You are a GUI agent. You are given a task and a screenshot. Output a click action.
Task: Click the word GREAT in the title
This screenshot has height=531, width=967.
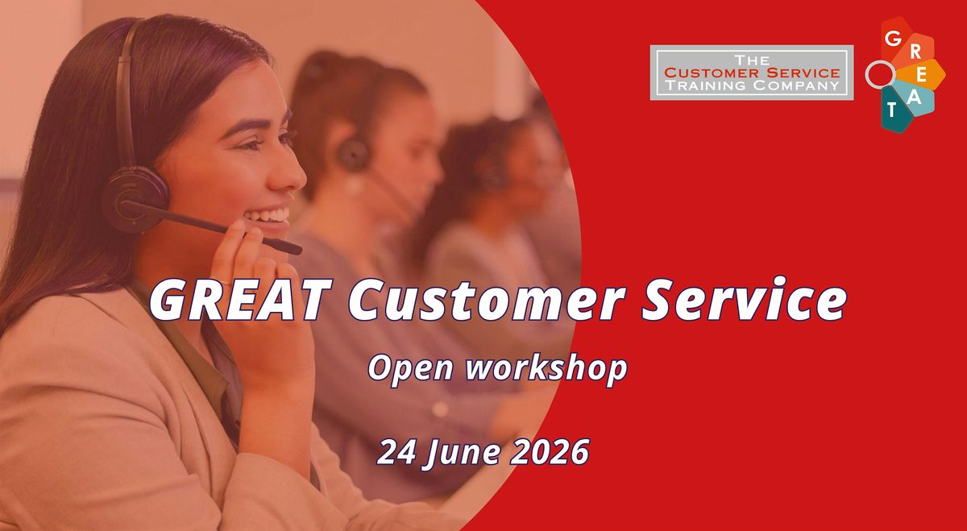(241, 300)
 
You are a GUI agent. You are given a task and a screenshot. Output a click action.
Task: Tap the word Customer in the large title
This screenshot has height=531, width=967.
(487, 300)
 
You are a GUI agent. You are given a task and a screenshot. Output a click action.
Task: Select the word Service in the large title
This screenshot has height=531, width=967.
(744, 300)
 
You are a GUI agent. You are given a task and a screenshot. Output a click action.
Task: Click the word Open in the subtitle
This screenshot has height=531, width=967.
(410, 369)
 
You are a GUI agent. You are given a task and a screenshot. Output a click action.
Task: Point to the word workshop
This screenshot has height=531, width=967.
(546, 367)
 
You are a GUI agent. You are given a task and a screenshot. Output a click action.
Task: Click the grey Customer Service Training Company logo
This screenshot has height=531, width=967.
(752, 73)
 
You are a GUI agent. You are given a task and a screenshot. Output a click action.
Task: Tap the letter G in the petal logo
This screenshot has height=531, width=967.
(893, 39)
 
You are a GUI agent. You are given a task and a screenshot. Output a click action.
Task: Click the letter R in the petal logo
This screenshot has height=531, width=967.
(915, 52)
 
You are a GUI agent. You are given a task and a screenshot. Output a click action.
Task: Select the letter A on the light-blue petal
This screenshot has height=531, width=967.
(914, 97)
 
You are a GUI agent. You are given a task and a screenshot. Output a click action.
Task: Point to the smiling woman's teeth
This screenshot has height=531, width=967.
(268, 215)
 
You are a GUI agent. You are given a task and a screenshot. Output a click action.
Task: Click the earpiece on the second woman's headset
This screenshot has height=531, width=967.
(353, 154)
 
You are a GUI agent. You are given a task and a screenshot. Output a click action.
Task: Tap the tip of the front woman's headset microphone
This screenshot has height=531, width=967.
(297, 250)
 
